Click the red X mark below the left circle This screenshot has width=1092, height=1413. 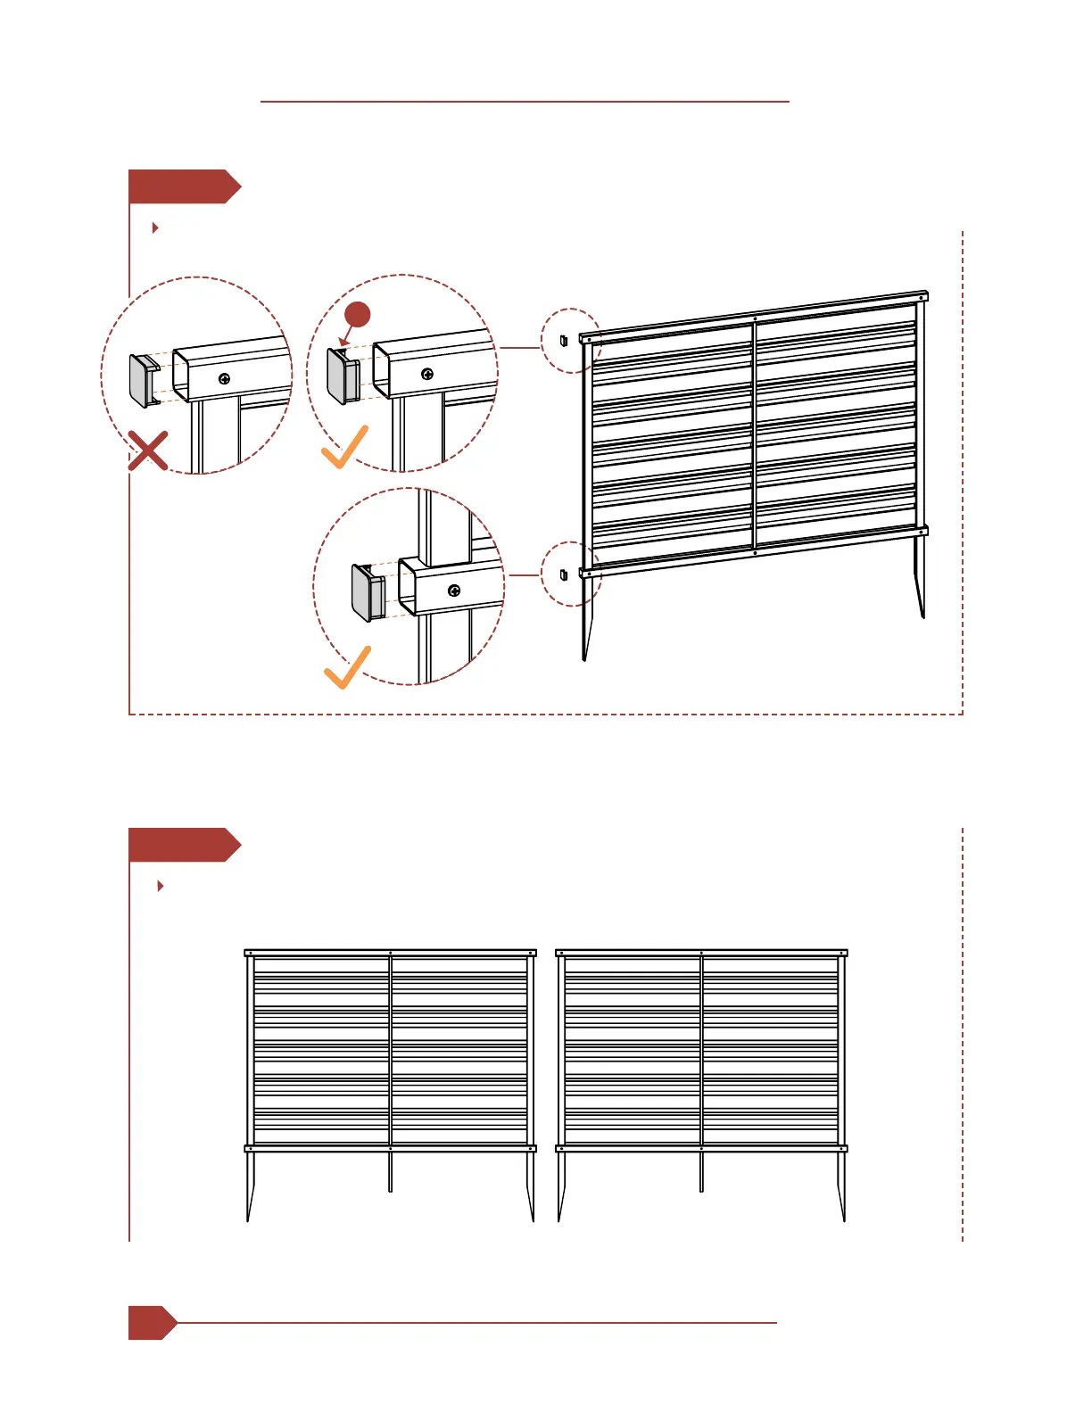(x=148, y=450)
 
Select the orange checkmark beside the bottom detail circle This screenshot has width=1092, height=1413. (x=347, y=668)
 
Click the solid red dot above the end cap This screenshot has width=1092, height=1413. (x=358, y=315)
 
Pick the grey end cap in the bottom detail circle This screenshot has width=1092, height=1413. (x=367, y=592)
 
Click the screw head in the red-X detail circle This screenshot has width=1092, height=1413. (x=225, y=378)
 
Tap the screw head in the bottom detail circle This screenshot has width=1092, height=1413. (x=454, y=591)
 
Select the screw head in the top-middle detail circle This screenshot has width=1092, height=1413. (x=427, y=374)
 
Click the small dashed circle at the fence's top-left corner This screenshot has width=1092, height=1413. (x=570, y=341)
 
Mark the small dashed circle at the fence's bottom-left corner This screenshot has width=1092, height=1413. (x=570, y=574)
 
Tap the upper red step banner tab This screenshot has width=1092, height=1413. (x=183, y=186)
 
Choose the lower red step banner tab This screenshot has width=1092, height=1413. (x=183, y=845)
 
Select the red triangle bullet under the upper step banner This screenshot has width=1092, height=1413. (x=155, y=227)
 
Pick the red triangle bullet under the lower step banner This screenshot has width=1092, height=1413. (x=160, y=886)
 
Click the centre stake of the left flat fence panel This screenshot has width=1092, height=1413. (x=390, y=1171)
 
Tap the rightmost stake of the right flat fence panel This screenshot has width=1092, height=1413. (x=842, y=1186)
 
